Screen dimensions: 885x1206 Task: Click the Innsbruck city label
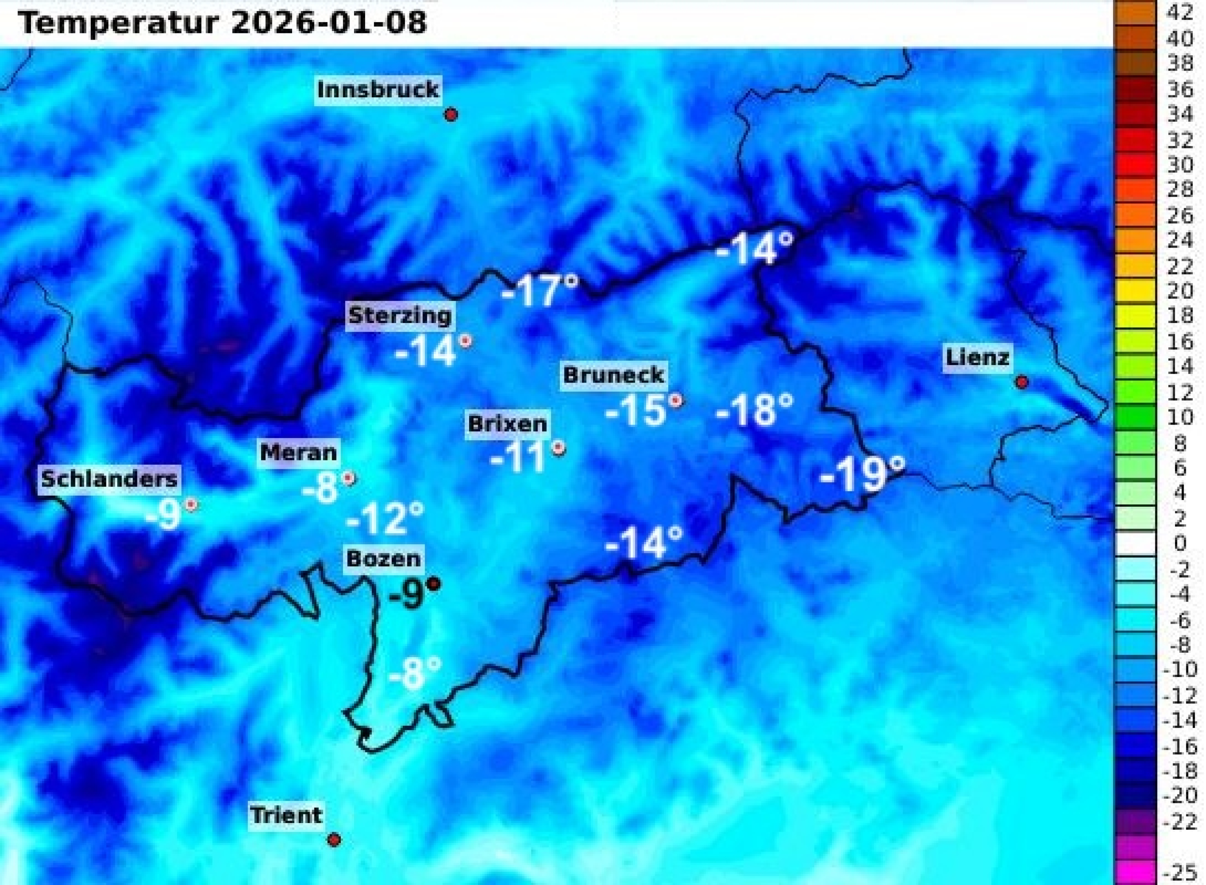pos(378,90)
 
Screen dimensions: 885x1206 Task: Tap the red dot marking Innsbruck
pos(451,115)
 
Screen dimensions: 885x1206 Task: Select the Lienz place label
pos(977,357)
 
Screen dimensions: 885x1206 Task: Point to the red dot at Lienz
pos(1022,382)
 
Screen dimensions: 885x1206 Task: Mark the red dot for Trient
pos(334,839)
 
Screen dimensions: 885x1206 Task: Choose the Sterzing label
pos(400,316)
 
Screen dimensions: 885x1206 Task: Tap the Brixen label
pos(507,424)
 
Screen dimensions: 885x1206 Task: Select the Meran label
pos(298,453)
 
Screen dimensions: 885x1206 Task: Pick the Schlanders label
pos(109,478)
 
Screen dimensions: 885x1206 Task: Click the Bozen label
pos(384,559)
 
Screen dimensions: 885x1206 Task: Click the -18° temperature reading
pos(754,410)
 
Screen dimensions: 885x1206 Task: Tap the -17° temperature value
pos(539,291)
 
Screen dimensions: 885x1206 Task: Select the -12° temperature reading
pos(385,518)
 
